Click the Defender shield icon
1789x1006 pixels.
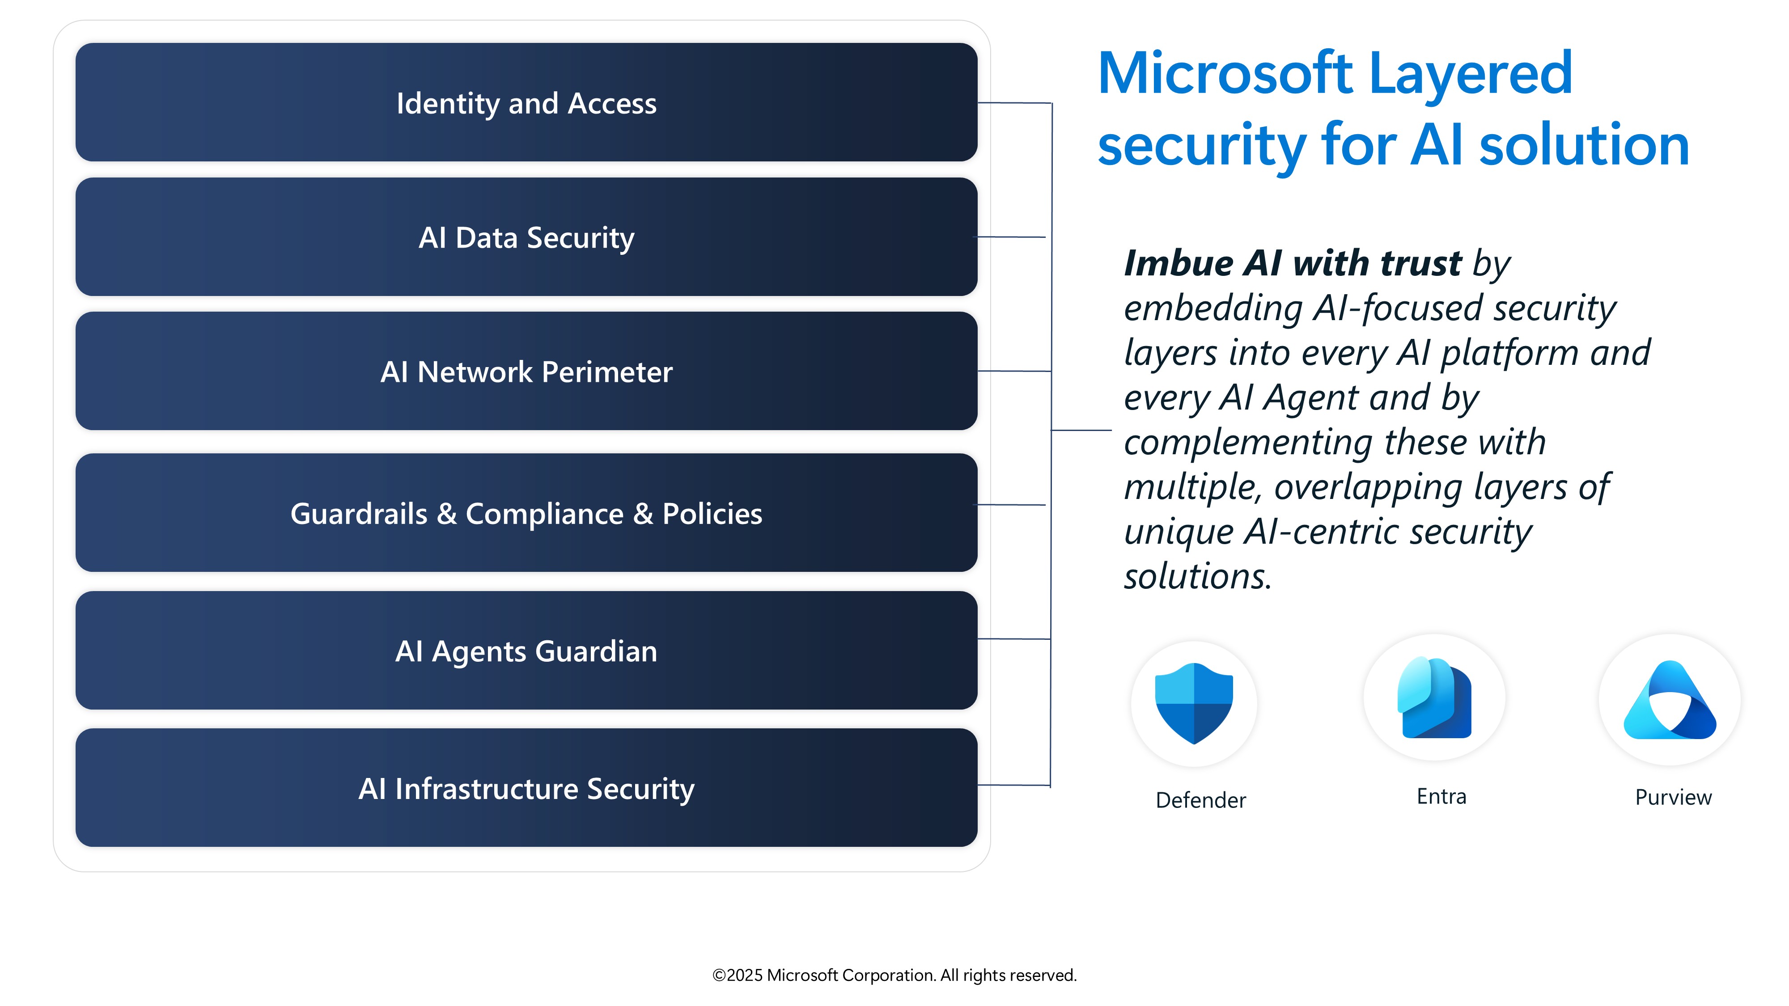(1194, 702)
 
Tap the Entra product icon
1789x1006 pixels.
(1434, 698)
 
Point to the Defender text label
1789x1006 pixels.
(1201, 800)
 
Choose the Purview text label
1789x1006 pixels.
(1673, 797)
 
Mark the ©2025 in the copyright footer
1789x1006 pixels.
(737, 976)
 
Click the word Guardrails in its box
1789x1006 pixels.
(358, 514)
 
